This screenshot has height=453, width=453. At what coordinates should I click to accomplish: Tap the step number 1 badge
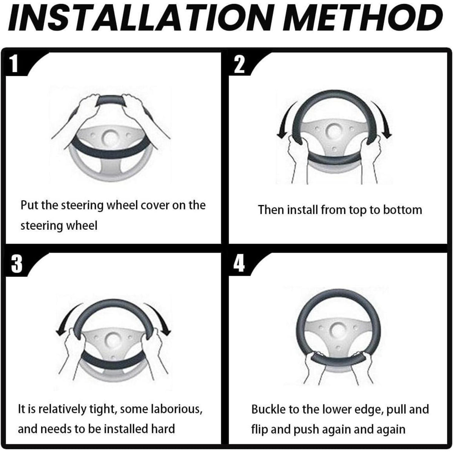pyautogui.click(x=15, y=64)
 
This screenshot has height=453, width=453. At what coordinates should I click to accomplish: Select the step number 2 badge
pyautogui.click(x=239, y=64)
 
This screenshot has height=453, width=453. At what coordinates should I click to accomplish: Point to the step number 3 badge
pyautogui.click(x=17, y=264)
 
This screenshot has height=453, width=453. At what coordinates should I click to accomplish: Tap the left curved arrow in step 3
pyautogui.click(x=66, y=317)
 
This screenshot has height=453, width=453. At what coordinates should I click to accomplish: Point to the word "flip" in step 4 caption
pyautogui.click(x=259, y=429)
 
